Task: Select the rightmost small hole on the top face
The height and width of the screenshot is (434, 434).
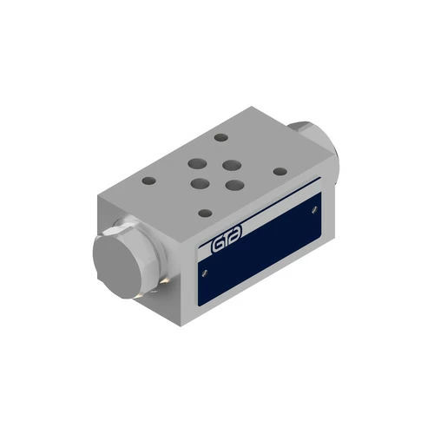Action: (x=279, y=171)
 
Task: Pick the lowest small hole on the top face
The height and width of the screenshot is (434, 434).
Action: (x=204, y=213)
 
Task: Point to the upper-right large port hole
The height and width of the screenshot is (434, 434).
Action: (x=230, y=163)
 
